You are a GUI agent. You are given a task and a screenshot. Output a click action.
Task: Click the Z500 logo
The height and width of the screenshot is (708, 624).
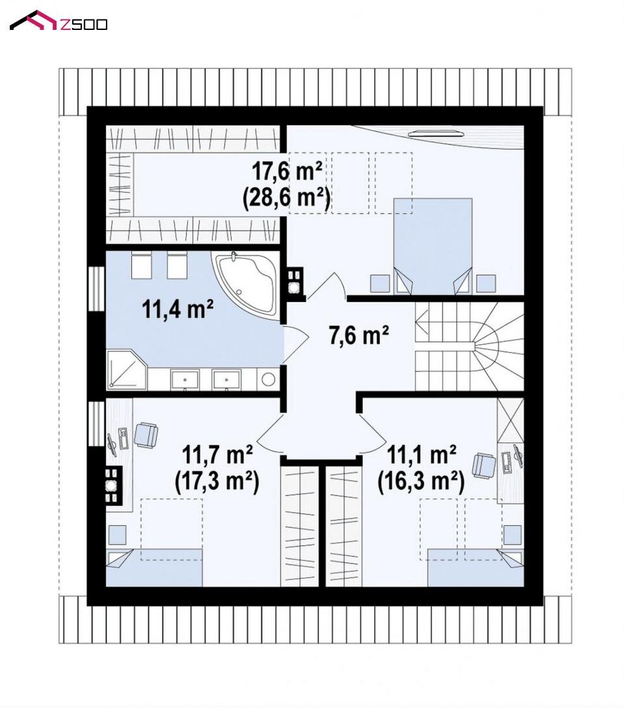(x=58, y=21)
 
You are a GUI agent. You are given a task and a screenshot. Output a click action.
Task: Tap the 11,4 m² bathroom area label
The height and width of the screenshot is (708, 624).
(x=177, y=309)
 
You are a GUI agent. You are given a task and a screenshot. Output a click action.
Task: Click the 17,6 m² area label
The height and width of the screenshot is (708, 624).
(x=287, y=171)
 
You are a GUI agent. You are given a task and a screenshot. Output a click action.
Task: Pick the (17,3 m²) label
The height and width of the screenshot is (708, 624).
(x=217, y=482)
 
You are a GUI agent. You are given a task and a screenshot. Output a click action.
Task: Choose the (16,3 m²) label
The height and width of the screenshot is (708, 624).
(x=421, y=482)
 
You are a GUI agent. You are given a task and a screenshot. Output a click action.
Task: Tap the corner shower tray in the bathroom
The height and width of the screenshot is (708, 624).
(x=127, y=370)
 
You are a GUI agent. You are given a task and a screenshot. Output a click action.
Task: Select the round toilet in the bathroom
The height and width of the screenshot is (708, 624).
(x=268, y=379)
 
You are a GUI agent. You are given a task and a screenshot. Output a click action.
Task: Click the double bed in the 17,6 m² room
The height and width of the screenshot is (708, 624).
(x=433, y=247)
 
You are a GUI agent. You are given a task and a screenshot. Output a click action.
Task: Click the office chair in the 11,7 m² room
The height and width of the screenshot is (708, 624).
(x=146, y=435)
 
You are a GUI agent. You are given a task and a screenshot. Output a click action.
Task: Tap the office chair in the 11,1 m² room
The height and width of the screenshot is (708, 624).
(x=484, y=465)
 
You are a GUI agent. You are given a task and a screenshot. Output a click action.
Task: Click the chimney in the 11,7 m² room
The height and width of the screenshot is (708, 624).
(x=112, y=486)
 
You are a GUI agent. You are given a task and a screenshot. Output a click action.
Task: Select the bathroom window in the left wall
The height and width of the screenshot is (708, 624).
(x=96, y=289)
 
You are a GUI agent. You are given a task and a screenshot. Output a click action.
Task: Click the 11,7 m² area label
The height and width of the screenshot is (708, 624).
(x=217, y=454)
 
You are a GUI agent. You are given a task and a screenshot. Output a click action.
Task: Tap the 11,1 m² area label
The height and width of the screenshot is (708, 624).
(x=421, y=454)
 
